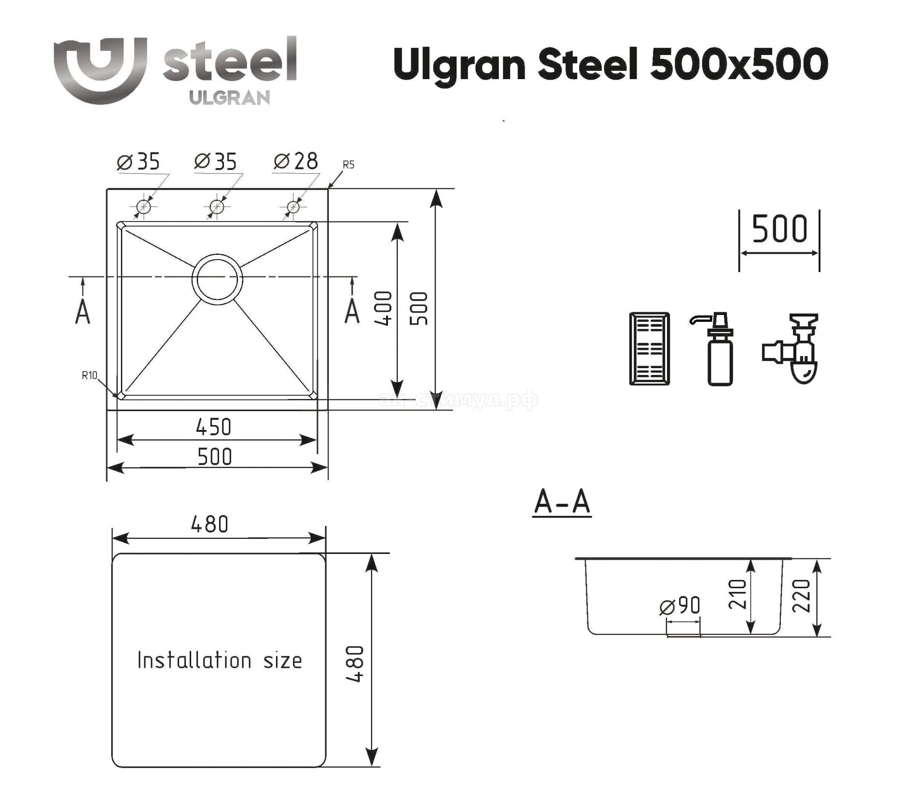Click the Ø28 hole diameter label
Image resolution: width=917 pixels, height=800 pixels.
(296, 161)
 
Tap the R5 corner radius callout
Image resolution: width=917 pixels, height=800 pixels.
(348, 165)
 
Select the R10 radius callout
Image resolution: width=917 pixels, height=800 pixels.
(90, 375)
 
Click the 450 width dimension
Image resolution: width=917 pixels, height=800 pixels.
(214, 427)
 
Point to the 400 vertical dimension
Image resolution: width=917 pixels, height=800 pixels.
(384, 308)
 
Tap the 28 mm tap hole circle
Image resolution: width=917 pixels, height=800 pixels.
(293, 207)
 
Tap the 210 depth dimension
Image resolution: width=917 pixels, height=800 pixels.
(737, 594)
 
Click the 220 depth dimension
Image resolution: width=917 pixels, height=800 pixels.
(801, 596)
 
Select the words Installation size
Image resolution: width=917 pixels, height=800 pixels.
(220, 660)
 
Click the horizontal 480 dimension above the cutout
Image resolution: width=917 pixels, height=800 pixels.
(209, 524)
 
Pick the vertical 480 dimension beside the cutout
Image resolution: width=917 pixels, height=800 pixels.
(355, 664)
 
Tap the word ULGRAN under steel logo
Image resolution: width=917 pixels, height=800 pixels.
(230, 98)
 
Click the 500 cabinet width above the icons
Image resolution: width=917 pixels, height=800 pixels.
(780, 229)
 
